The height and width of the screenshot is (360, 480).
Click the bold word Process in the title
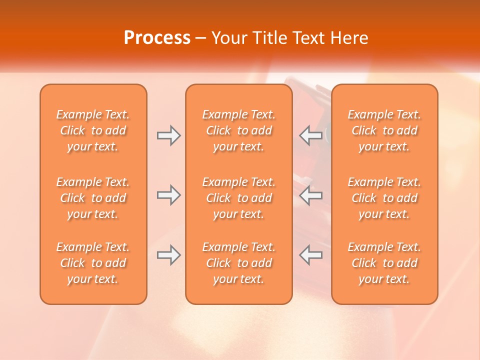[157, 38]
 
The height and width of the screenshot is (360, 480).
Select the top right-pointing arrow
[168, 135]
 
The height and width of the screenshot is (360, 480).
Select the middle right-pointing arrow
[168, 195]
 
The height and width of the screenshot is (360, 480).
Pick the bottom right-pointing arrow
[168, 255]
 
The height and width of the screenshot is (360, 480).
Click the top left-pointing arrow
[311, 135]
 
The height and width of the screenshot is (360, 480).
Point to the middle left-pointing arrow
[311, 195]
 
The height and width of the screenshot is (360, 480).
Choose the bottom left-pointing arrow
[311, 255]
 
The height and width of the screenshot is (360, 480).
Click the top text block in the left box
[93, 130]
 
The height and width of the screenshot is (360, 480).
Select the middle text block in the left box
[93, 198]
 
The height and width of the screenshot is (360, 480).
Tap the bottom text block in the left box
[93, 263]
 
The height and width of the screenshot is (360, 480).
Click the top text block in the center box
[238, 130]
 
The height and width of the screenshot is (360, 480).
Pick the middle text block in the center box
[238, 198]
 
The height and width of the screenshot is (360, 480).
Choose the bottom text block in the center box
[238, 263]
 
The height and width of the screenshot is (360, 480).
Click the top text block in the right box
[384, 130]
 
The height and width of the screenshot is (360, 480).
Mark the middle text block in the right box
[384, 198]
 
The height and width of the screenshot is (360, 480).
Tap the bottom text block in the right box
[384, 263]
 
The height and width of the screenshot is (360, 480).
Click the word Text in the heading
[309, 38]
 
